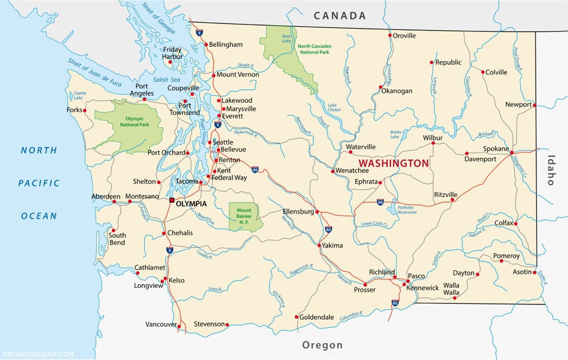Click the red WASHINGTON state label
click(x=393, y=163)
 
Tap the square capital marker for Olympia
click(x=172, y=200)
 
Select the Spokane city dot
click(x=512, y=153)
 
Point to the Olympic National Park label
click(x=129, y=121)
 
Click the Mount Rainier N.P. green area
click(x=246, y=216)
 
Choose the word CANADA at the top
click(x=340, y=16)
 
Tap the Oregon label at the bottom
click(x=322, y=345)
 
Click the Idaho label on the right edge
click(x=551, y=170)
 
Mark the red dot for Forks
click(x=85, y=110)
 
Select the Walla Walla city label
click(x=451, y=289)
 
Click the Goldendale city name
click(x=316, y=317)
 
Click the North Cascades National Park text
click(x=313, y=49)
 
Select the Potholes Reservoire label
click(x=407, y=209)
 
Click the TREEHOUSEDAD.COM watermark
click(x=38, y=354)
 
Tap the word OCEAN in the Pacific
click(x=39, y=216)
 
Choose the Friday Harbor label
click(x=172, y=53)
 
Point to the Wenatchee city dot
click(x=332, y=171)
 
